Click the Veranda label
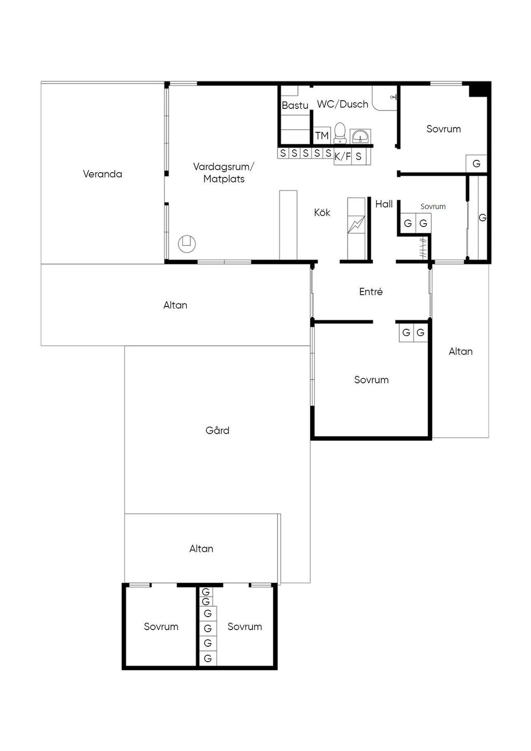[x=102, y=174]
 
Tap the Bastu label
[x=295, y=106]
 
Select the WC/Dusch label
[x=343, y=104]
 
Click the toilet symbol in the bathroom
[x=340, y=133]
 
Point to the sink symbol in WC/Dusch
[x=360, y=136]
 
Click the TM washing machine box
[x=322, y=135]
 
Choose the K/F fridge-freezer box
[x=342, y=156]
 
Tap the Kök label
[x=322, y=213]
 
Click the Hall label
[x=384, y=204]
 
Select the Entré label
[x=371, y=291]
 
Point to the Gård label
[x=217, y=430]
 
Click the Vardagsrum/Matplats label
[x=224, y=173]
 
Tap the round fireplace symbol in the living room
[x=187, y=243]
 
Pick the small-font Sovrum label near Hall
[x=433, y=206]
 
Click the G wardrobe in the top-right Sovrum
[x=477, y=163]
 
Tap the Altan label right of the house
[x=460, y=351]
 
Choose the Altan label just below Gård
[x=201, y=549]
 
